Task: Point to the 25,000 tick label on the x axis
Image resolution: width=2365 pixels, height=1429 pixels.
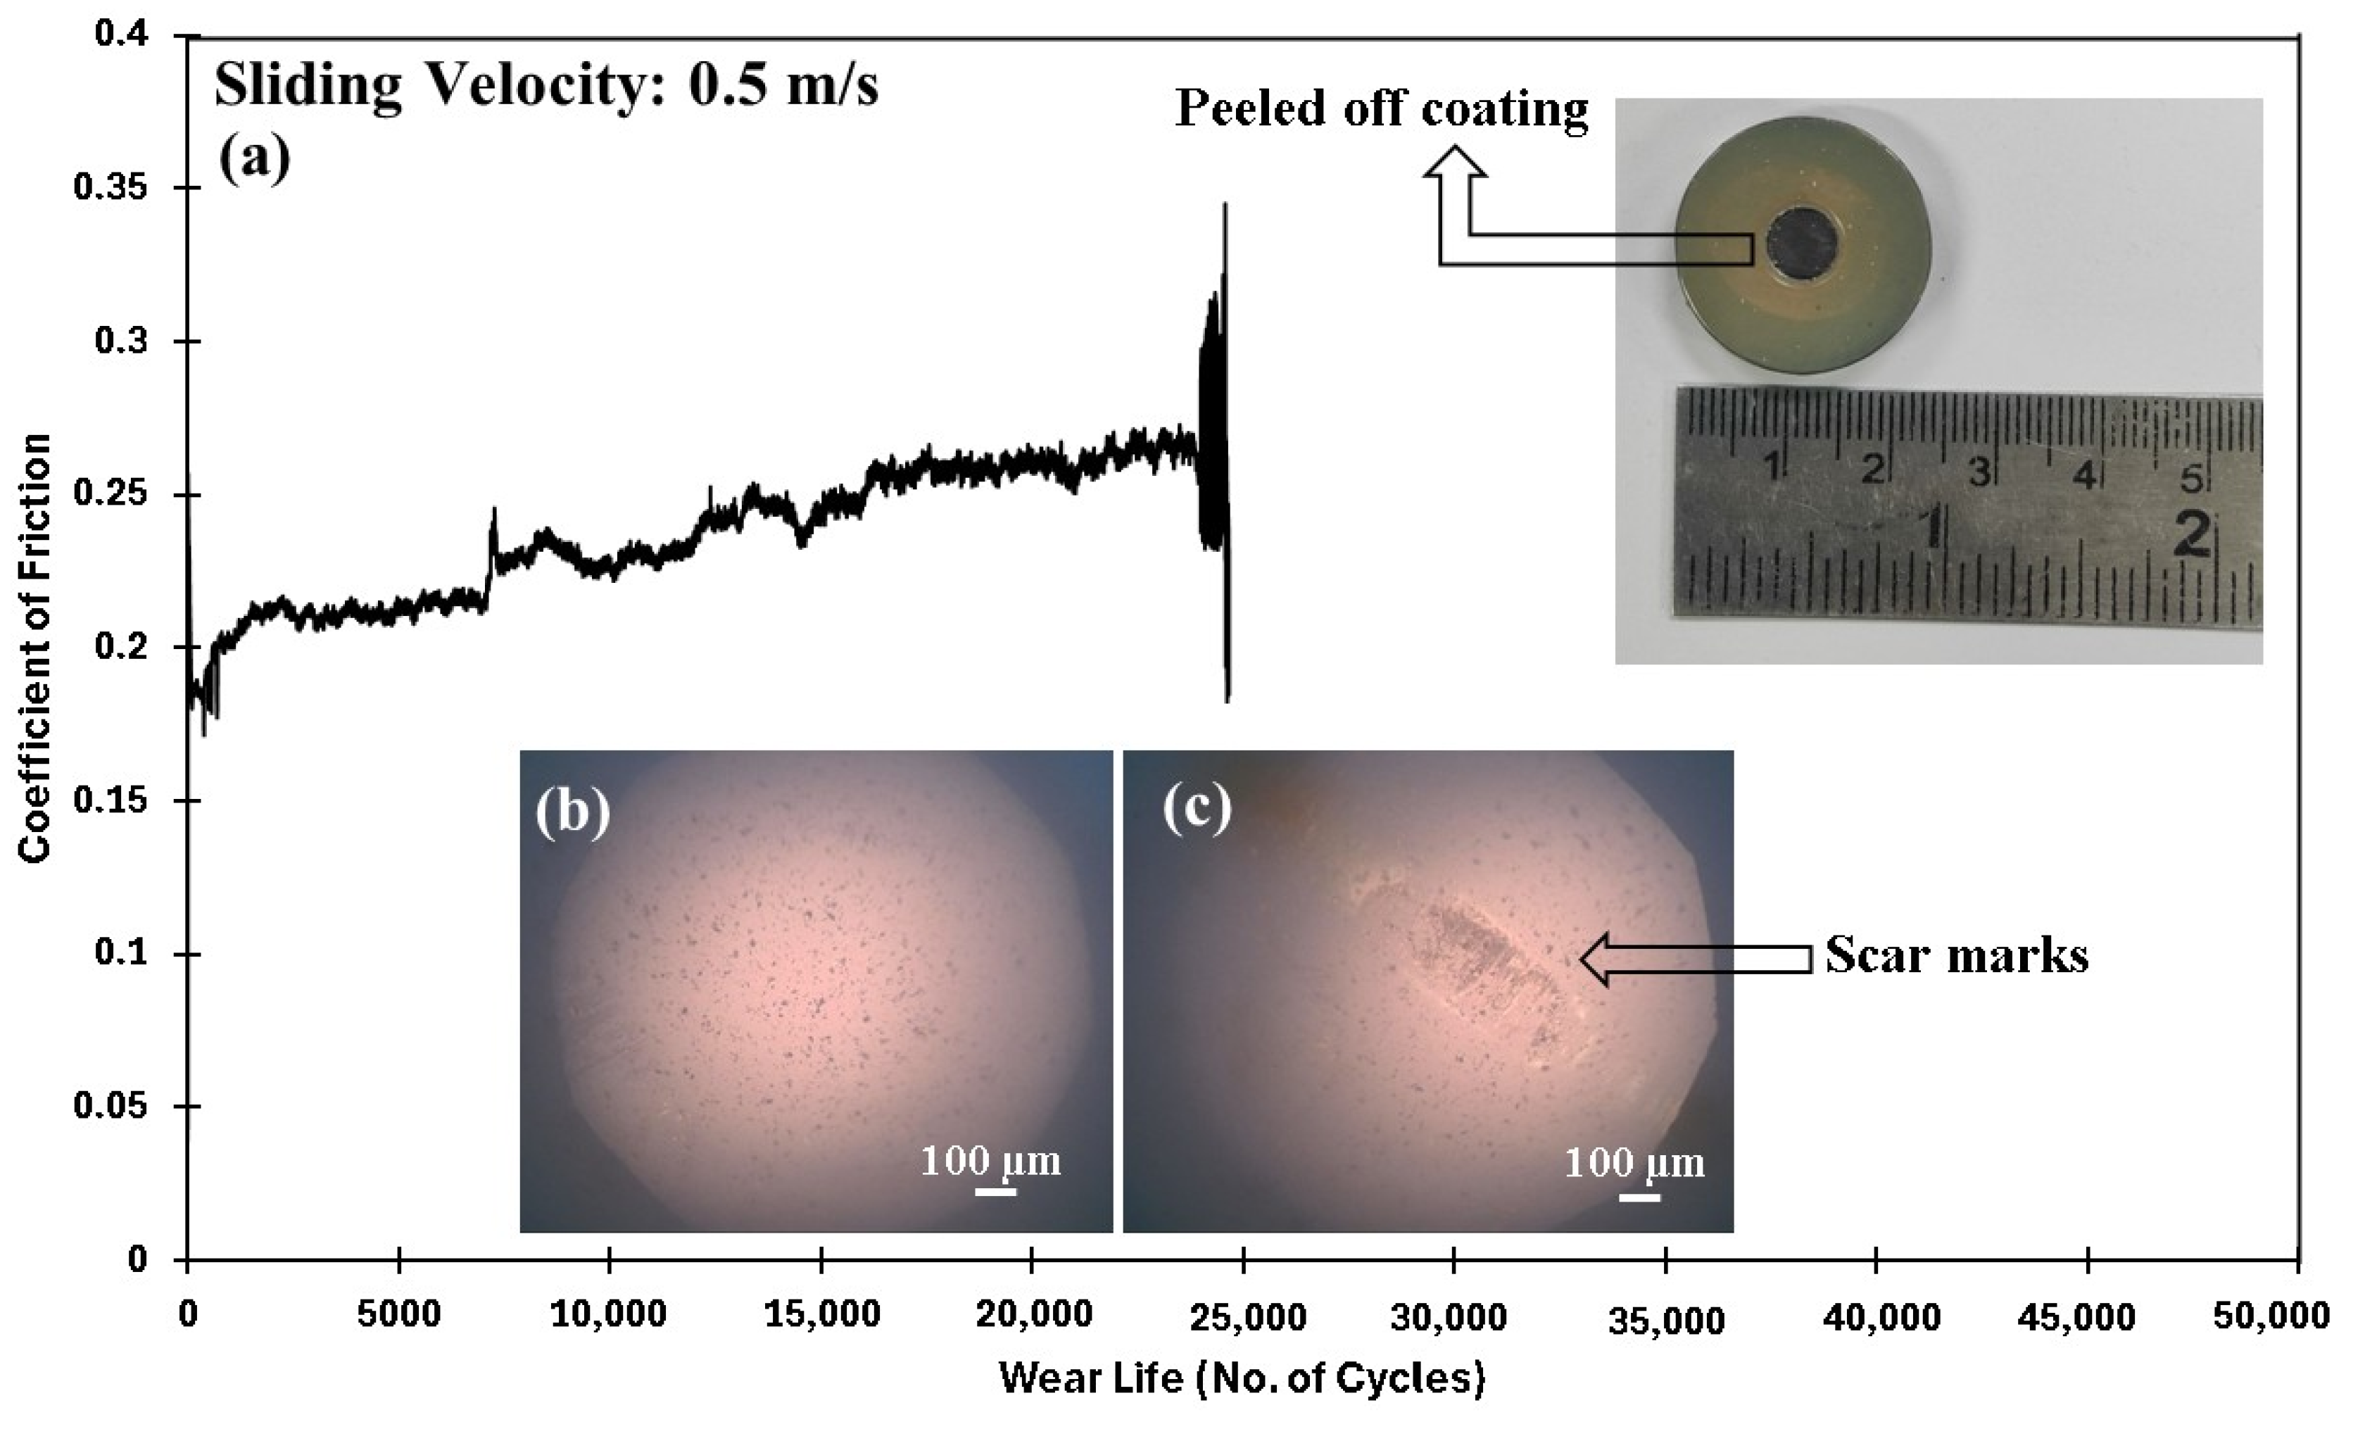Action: click(1246, 1316)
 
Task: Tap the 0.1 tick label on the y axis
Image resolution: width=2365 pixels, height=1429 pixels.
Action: click(122, 954)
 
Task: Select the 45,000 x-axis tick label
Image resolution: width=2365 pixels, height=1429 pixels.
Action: click(2076, 1316)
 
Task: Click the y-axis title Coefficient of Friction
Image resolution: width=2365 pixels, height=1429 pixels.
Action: click(34, 648)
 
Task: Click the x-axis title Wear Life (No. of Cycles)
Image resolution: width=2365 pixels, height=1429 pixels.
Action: click(1242, 1377)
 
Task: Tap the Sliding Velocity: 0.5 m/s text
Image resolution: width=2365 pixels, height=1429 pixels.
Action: click(545, 84)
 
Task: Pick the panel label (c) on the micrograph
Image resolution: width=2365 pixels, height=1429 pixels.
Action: click(1196, 809)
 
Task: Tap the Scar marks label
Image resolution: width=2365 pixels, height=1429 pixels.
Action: click(1955, 956)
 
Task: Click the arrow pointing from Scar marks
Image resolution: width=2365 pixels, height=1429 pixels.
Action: click(1694, 958)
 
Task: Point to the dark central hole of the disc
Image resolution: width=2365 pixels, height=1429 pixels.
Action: click(1803, 245)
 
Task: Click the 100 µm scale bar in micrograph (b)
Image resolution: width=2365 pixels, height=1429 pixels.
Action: click(995, 1191)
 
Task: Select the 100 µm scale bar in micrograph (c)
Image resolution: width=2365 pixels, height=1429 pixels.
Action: click(1639, 1197)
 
